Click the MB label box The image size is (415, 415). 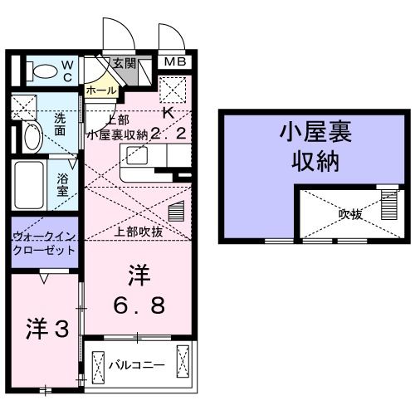[173, 62]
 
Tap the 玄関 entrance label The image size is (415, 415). [124, 62]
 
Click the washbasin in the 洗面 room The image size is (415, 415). [30, 138]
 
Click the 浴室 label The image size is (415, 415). [63, 183]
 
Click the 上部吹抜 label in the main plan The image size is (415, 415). [139, 232]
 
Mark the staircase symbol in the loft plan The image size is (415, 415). [387, 204]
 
